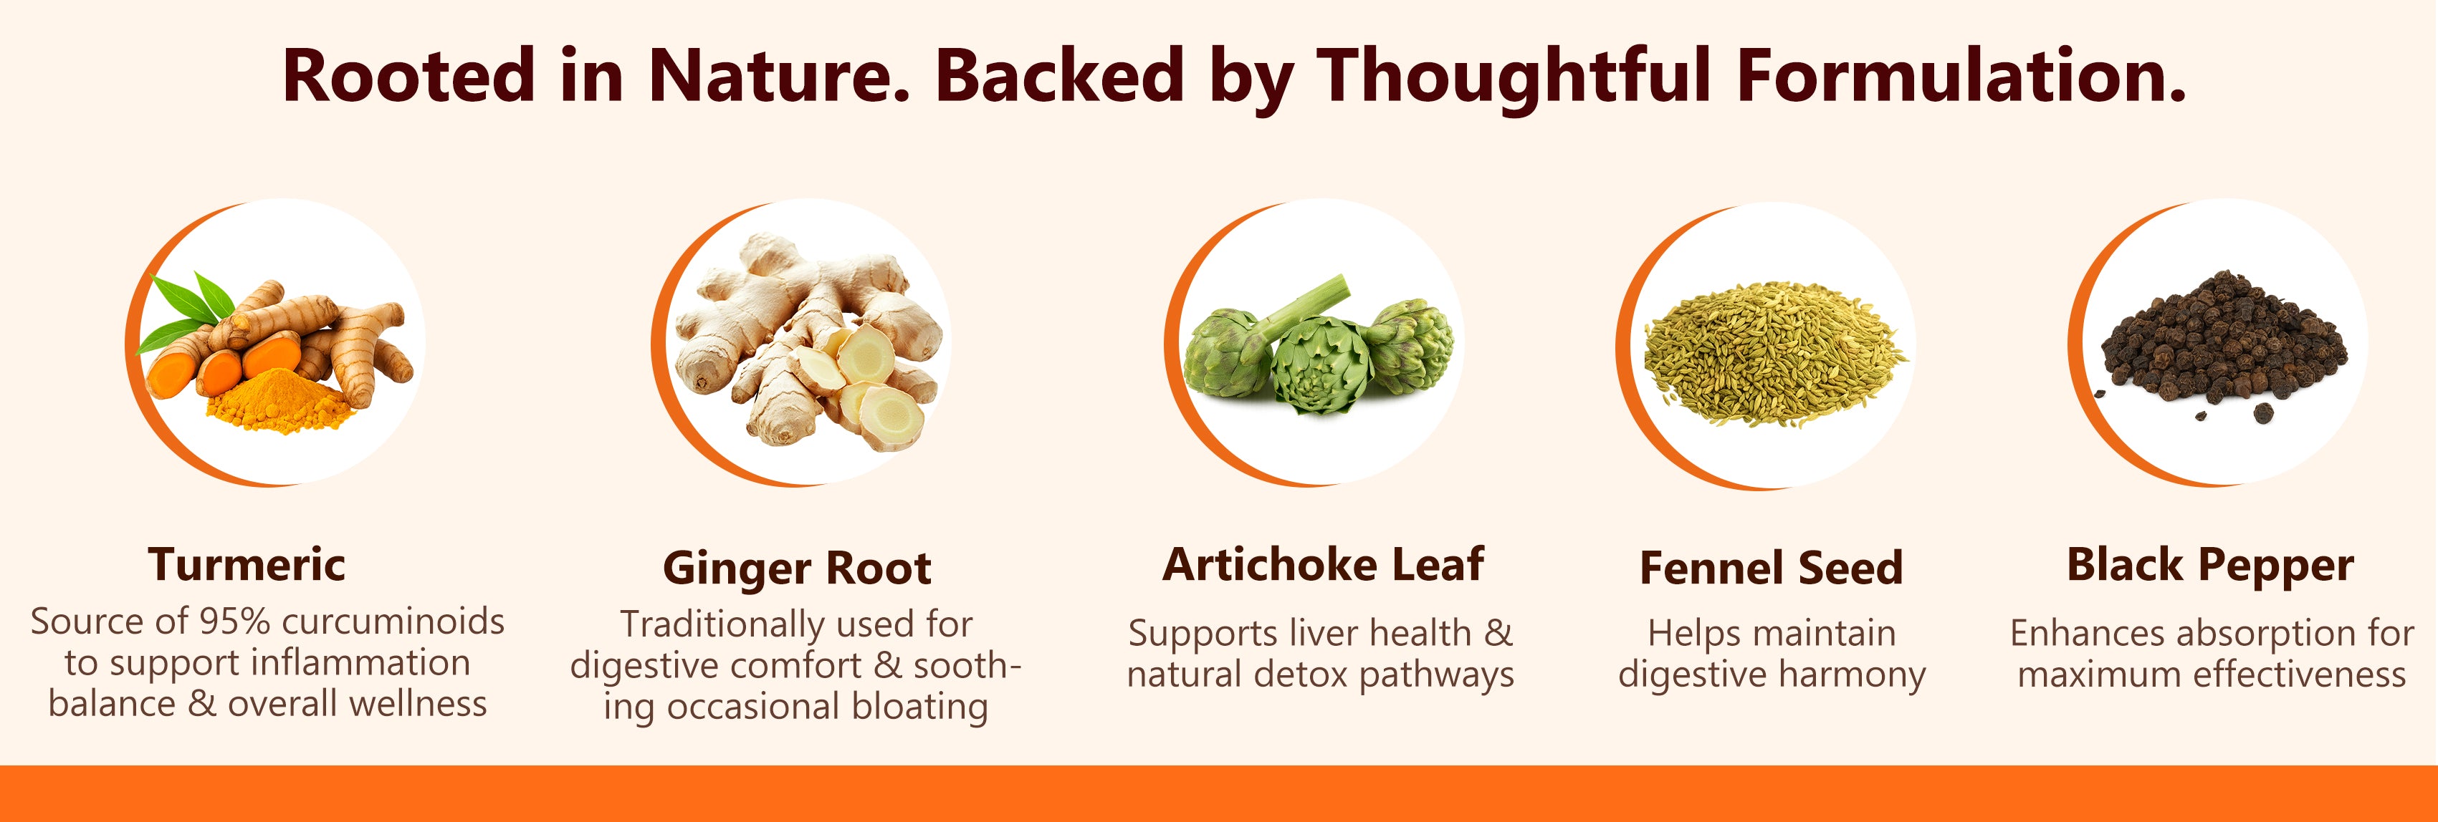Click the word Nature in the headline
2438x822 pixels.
click(x=779, y=76)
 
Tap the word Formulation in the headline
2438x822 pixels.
click(x=1961, y=76)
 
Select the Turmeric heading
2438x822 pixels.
click(x=247, y=565)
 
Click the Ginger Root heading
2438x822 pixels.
click(x=797, y=569)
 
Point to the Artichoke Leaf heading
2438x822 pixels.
click(x=1323, y=565)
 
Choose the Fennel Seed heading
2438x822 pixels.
click(x=1771, y=569)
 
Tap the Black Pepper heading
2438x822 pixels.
click(x=2210, y=566)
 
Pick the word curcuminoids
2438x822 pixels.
click(x=393, y=622)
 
